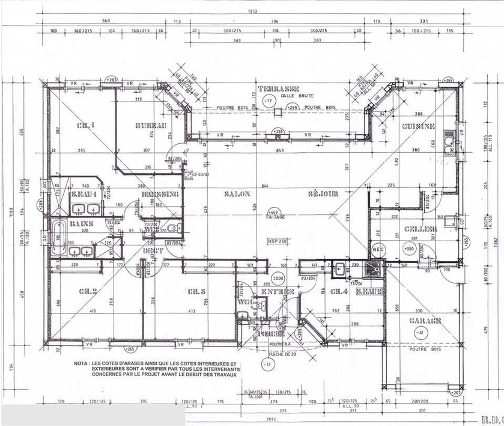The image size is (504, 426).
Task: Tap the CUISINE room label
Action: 419,126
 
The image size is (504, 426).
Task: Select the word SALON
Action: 239,194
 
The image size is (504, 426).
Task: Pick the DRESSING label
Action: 160,194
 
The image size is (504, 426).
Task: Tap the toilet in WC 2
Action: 173,228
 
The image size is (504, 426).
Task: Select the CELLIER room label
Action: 416,229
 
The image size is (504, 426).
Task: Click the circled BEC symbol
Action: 378,248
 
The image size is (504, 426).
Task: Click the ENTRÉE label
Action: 278,292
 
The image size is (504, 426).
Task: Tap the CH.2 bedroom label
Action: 88,292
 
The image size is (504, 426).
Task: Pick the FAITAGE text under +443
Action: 277,217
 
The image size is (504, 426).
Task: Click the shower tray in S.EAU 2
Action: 377,269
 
